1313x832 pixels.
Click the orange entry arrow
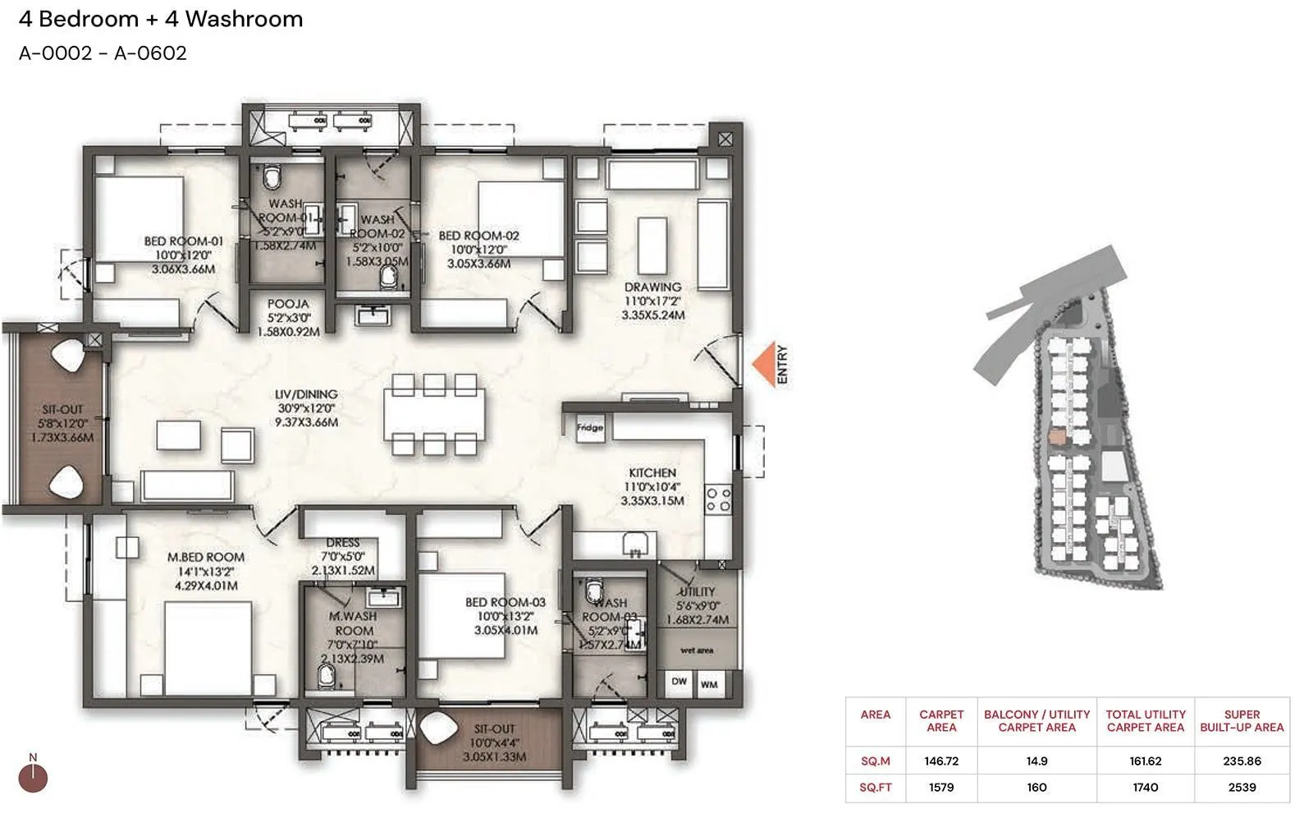[x=764, y=364]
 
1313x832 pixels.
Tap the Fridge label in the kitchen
[x=589, y=428]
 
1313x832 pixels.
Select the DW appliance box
[x=679, y=683]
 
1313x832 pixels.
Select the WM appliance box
[x=709, y=683]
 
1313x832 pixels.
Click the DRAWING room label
[x=652, y=287]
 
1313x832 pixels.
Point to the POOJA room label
[x=288, y=304]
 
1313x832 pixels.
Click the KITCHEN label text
[x=652, y=473]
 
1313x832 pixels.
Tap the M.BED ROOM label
[x=206, y=557]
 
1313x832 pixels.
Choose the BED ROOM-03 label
[x=506, y=602]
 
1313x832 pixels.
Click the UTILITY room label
[x=697, y=591]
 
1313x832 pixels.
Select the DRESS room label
[x=342, y=543]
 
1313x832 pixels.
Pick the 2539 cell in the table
[x=1242, y=787]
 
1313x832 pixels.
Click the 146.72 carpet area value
[x=941, y=761]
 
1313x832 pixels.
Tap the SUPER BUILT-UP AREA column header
[x=1242, y=720]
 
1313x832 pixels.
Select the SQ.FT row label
[x=875, y=787]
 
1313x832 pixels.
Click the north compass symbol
[x=33, y=777]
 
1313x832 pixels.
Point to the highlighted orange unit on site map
[x=1058, y=437]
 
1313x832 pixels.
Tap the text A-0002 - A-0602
[x=103, y=53]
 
